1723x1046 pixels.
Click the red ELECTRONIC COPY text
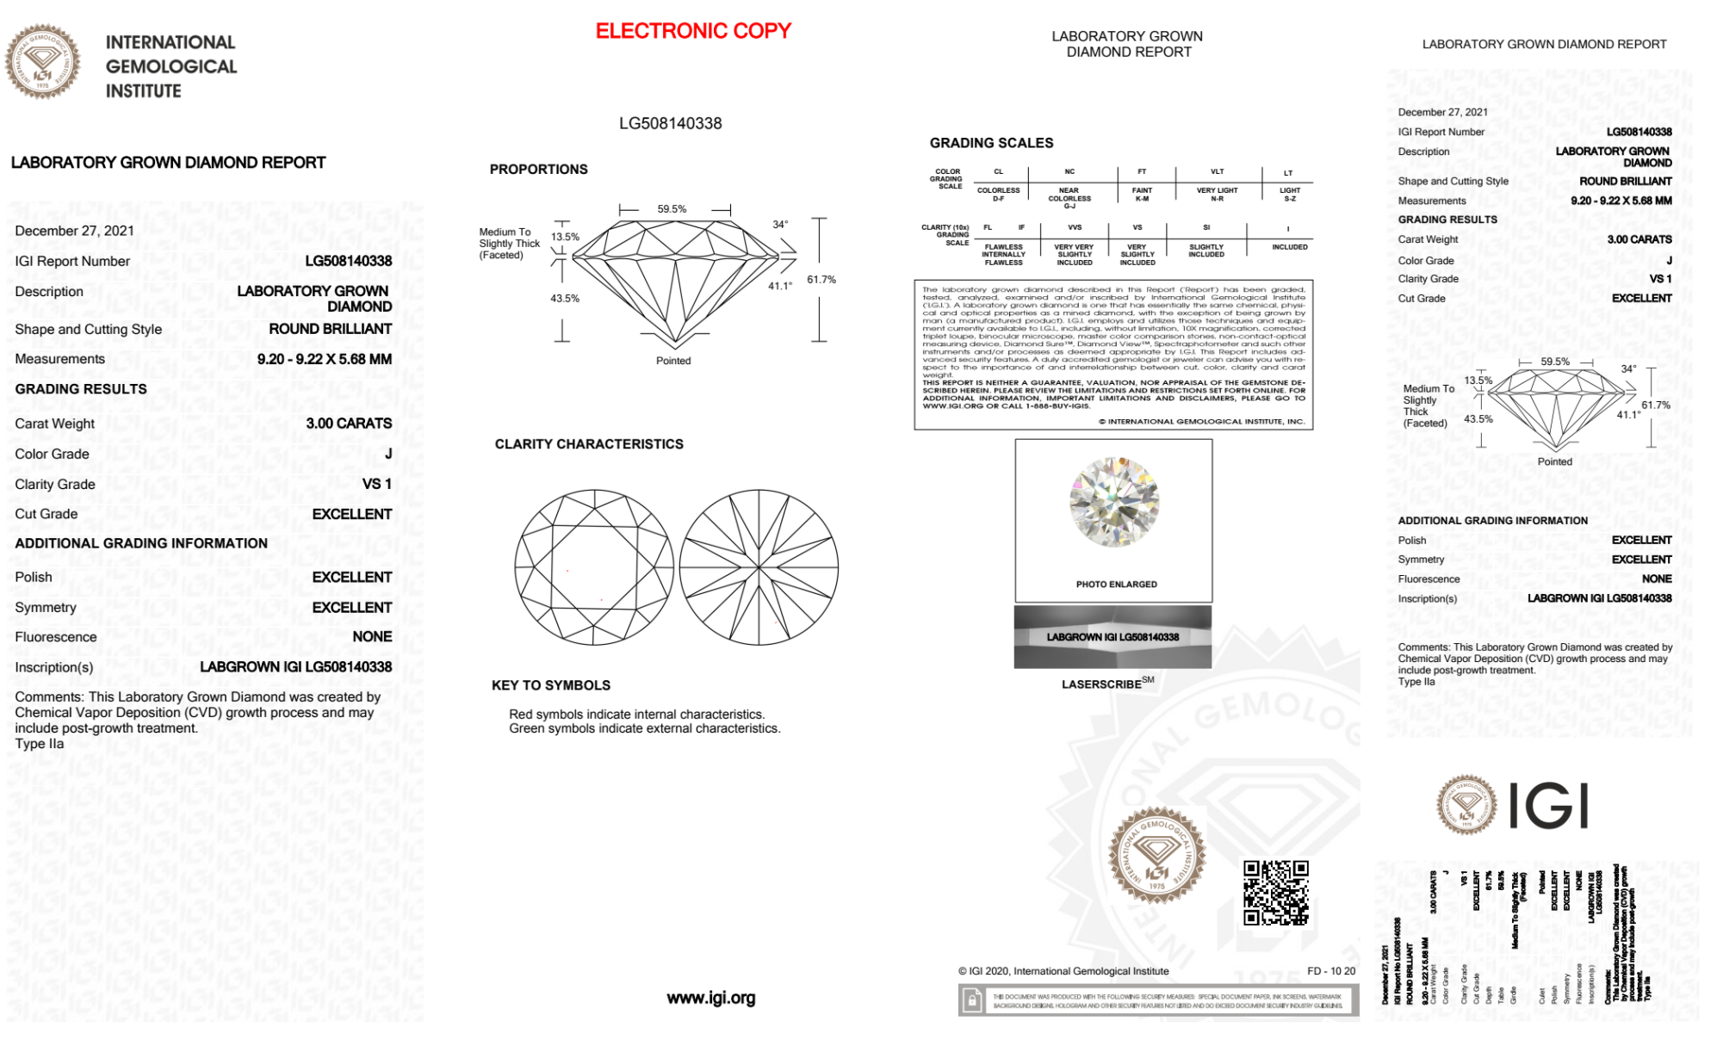point(693,31)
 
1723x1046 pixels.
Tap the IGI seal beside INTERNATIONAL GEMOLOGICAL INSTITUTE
point(42,62)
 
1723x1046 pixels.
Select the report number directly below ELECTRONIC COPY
point(670,123)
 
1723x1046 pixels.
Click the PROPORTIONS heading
point(538,170)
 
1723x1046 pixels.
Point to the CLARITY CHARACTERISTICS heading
point(589,444)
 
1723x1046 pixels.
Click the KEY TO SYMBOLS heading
point(551,685)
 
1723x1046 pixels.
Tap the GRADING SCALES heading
point(991,143)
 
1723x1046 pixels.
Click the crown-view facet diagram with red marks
point(594,568)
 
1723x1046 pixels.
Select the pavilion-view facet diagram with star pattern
point(759,568)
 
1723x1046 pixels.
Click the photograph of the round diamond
point(1114,502)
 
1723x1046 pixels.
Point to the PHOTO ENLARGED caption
point(1116,585)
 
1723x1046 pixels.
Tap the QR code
point(1276,893)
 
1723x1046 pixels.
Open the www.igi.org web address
point(710,998)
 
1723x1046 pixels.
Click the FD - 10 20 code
point(1330,971)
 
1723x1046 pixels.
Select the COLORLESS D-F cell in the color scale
point(998,195)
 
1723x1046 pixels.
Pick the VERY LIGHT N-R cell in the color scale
point(1217,195)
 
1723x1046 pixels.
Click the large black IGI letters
point(1549,807)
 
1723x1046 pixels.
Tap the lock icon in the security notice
point(972,1000)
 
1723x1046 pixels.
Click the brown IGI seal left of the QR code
point(1156,854)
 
